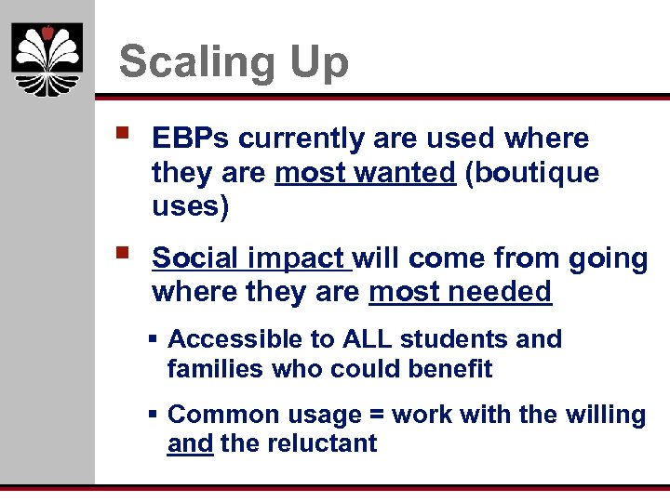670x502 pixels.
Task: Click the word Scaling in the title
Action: (192, 62)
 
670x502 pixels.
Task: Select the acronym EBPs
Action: (191, 139)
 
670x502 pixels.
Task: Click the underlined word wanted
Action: (410, 173)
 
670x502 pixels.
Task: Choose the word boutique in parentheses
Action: (531, 173)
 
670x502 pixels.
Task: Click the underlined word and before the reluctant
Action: (191, 444)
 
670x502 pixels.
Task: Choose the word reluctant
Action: (322, 443)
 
